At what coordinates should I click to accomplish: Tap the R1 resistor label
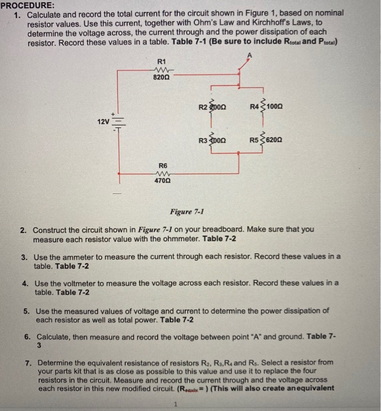click(x=163, y=62)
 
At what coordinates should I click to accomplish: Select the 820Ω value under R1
click(x=162, y=76)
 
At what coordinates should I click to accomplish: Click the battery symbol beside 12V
click(x=117, y=122)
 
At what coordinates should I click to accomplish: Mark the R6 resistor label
click(x=162, y=166)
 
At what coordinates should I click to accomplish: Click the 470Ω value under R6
click(x=162, y=182)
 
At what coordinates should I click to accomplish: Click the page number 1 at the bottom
click(x=174, y=404)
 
